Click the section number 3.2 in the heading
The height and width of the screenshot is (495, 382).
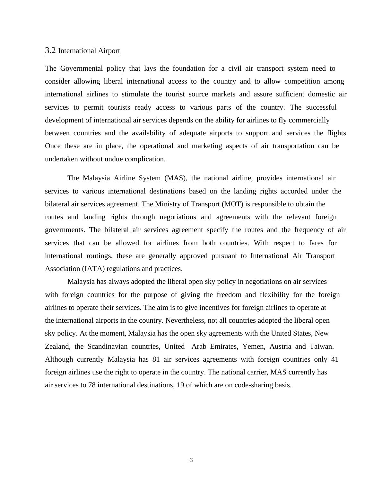pyautogui.click(x=50, y=50)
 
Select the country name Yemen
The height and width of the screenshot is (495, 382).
pyautogui.click(x=253, y=346)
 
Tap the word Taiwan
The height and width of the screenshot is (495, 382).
pyautogui.click(x=322, y=346)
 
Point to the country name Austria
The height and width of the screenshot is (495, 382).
pyautogui.click(x=280, y=346)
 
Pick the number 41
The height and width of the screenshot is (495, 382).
pyautogui.click(x=334, y=359)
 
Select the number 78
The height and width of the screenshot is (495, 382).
pyautogui.click(x=92, y=385)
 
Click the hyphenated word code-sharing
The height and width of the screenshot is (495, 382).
pyautogui.click(x=254, y=385)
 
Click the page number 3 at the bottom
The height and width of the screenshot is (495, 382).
pyautogui.click(x=191, y=460)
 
